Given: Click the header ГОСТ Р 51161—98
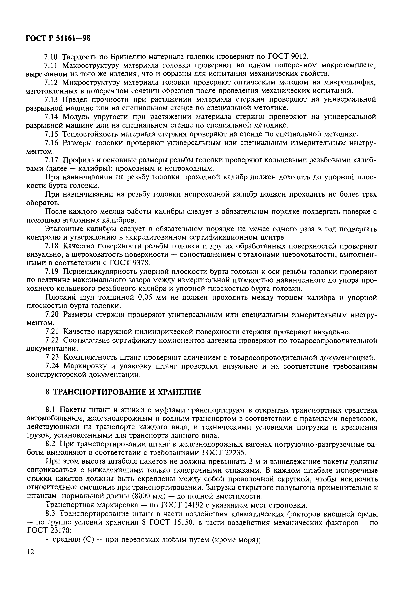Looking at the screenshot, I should tap(58, 38).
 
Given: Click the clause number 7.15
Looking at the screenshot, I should tap(52, 134).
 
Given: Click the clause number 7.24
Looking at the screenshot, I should tap(52, 366).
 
